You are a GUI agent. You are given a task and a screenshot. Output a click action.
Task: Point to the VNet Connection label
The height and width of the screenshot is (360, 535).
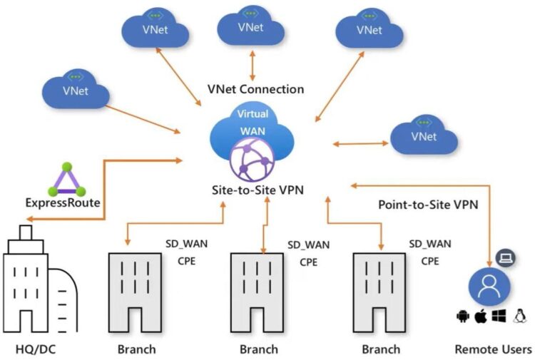[255, 89]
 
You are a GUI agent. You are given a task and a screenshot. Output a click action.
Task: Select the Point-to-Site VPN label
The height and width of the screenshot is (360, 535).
[427, 205]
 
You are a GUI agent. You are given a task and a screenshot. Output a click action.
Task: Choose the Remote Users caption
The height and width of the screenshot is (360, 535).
[493, 349]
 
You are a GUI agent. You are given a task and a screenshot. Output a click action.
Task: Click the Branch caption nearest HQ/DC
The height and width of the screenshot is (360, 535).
[136, 349]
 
